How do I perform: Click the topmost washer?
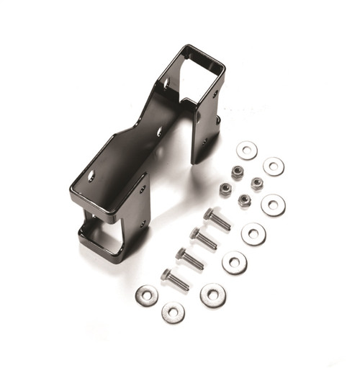click(247, 151)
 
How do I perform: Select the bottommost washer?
click(173, 312)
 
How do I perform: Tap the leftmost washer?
click(147, 295)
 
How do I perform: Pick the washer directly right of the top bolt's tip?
click(253, 233)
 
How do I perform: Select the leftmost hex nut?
click(225, 189)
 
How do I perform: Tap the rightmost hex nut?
click(257, 183)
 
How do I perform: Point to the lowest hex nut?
click(245, 199)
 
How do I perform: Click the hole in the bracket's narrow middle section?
click(160, 131)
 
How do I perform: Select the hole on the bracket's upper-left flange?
click(167, 84)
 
